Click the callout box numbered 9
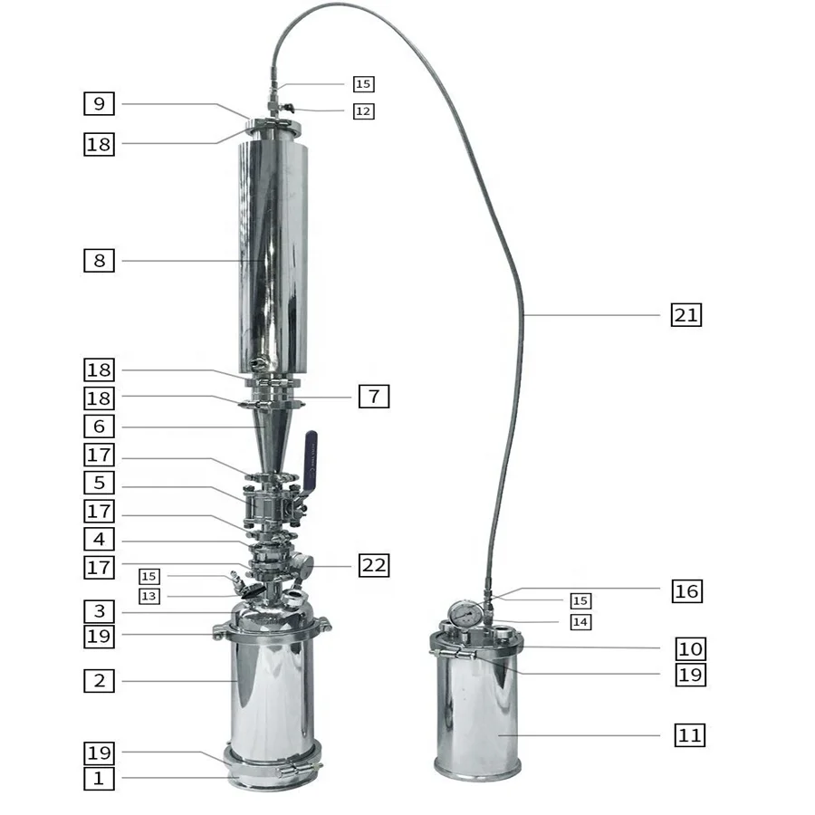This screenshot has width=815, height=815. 100,104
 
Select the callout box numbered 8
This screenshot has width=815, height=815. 100,261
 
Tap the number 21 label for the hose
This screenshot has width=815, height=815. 686,315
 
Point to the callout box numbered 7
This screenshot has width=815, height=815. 374,397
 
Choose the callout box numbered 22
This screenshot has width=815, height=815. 374,566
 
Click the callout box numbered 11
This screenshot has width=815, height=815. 690,735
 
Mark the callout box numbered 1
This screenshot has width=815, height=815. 100,778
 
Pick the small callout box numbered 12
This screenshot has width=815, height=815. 363,111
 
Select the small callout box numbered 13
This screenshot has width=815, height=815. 149,596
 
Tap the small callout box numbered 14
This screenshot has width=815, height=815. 580,622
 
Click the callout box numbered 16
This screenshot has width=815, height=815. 686,591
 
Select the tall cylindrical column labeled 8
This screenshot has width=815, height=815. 272,254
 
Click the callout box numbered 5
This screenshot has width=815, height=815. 100,483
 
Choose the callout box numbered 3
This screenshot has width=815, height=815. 100,609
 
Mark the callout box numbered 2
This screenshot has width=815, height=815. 100,681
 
